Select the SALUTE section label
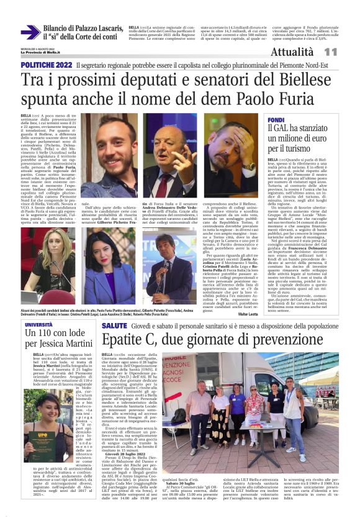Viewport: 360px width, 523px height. (x=114, y=325)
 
